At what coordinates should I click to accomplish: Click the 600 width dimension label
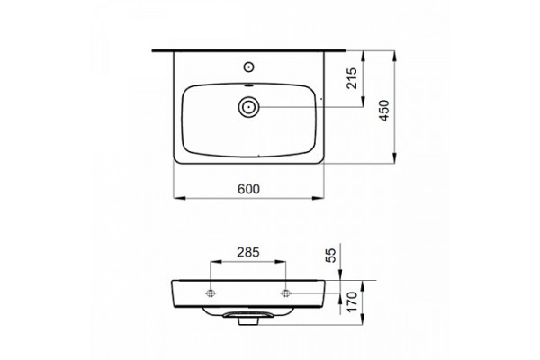(248, 189)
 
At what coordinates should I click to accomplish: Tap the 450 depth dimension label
(384, 111)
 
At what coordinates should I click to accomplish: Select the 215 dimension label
(352, 78)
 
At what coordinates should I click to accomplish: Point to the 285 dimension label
(248, 253)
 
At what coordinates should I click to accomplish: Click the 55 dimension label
(330, 256)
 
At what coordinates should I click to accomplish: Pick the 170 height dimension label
(352, 302)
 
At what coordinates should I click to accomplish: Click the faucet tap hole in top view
(248, 67)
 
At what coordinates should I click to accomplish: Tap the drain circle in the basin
(248, 107)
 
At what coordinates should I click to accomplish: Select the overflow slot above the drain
(248, 85)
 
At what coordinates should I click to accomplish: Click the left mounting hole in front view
(211, 293)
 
